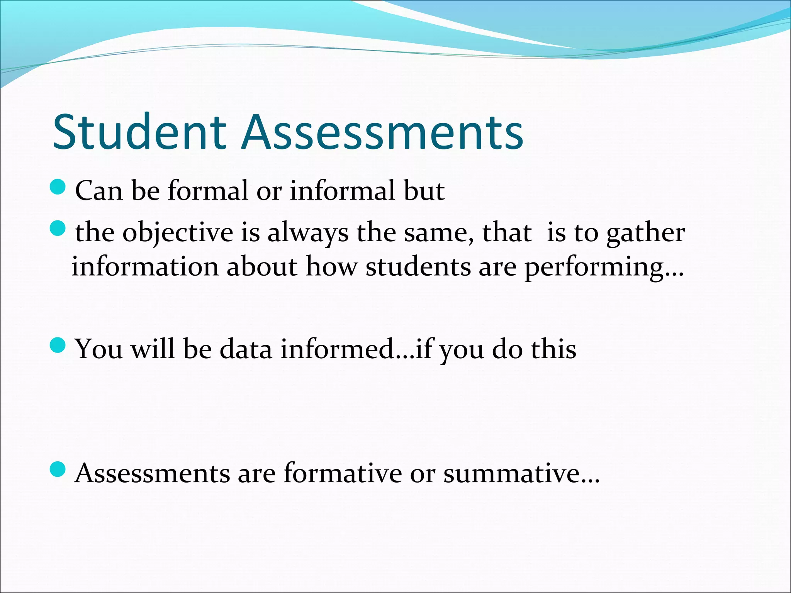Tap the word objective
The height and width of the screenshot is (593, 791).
click(178, 233)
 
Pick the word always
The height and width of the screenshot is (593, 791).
click(308, 233)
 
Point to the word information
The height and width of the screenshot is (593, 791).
click(145, 267)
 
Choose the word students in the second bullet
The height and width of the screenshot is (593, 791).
click(418, 267)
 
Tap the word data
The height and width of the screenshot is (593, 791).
click(246, 349)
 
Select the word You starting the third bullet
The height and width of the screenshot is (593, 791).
click(98, 349)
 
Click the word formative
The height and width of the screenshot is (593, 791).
click(343, 473)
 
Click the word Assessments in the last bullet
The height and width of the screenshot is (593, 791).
click(153, 473)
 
